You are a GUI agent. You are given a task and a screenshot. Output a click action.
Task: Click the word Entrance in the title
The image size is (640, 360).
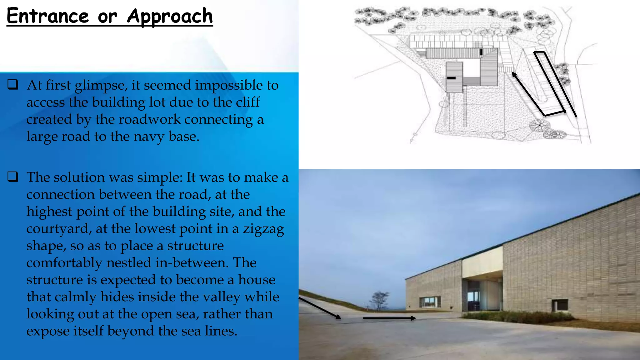(x=48, y=16)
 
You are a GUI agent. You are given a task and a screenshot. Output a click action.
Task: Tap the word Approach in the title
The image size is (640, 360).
(x=170, y=16)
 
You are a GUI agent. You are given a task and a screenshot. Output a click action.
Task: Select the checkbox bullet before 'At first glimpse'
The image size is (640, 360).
(x=13, y=85)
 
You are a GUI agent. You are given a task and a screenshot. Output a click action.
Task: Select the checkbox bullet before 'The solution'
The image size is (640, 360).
(x=13, y=177)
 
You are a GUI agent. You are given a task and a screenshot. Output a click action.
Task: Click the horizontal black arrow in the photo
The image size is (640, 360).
(x=389, y=318)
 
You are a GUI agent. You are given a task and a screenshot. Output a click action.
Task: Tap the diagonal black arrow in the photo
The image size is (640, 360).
(x=320, y=308)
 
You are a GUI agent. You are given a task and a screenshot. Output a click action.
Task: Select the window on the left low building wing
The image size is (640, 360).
(x=430, y=302)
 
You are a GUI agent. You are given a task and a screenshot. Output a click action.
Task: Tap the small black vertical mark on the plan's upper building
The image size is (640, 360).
(x=481, y=52)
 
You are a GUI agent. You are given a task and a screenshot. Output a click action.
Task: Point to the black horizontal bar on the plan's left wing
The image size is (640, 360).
(x=451, y=78)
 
